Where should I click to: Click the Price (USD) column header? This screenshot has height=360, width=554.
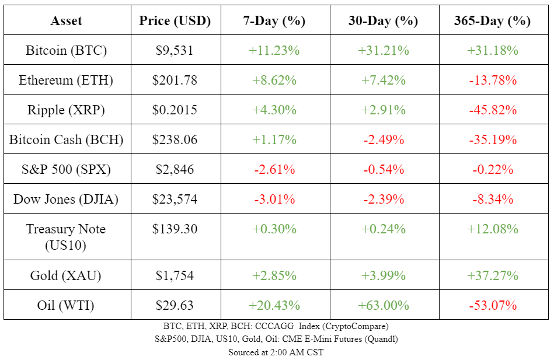pyautogui.click(x=175, y=21)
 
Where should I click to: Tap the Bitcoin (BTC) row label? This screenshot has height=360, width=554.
pyautogui.click(x=66, y=50)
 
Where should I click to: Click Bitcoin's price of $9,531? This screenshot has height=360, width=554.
pyautogui.click(x=175, y=50)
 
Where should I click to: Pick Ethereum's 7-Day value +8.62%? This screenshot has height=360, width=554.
pyautogui.click(x=274, y=80)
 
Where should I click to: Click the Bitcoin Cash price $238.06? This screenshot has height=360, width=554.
pyautogui.click(x=175, y=139)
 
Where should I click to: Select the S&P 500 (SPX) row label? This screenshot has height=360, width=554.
pyautogui.click(x=66, y=169)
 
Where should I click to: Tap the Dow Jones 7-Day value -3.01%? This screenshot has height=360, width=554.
pyautogui.click(x=274, y=199)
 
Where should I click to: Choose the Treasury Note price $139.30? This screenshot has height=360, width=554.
pyautogui.click(x=175, y=229)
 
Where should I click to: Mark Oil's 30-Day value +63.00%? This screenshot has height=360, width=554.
pyautogui.click(x=384, y=305)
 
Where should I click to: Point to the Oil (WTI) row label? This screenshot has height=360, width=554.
pyautogui.click(x=66, y=305)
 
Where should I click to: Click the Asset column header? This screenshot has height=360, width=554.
pyautogui.click(x=66, y=21)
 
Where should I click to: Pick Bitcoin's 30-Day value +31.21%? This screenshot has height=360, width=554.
pyautogui.click(x=384, y=50)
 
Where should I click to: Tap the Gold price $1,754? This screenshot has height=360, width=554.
pyautogui.click(x=175, y=275)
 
